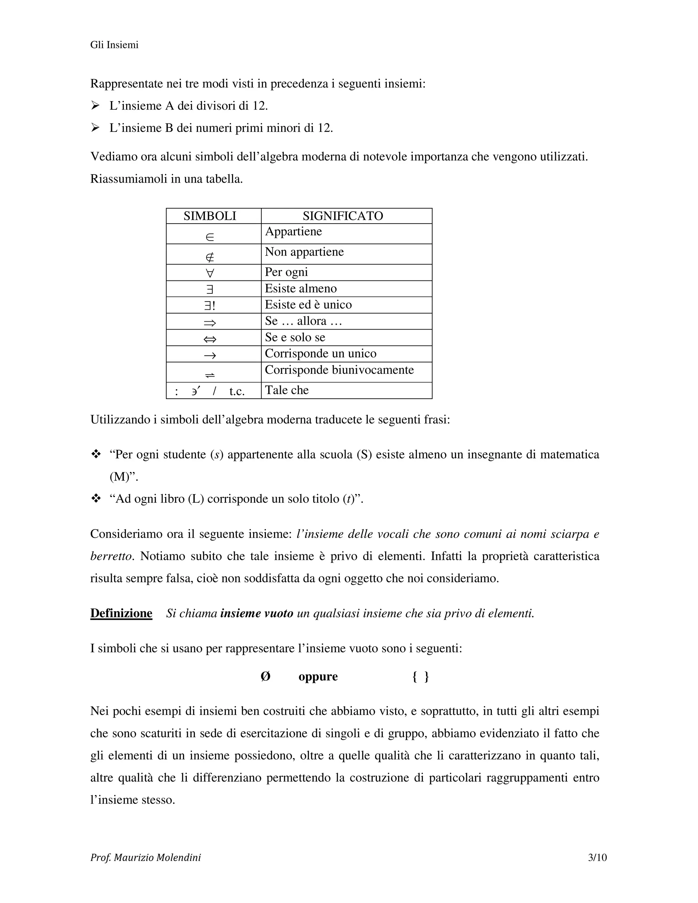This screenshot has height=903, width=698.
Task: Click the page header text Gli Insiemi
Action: click(114, 45)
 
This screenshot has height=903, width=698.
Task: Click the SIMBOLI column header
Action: click(210, 216)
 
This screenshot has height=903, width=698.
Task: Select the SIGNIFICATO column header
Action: click(343, 216)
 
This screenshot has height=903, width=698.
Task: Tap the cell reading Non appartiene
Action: click(304, 252)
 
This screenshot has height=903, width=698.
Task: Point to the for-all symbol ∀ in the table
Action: click(210, 273)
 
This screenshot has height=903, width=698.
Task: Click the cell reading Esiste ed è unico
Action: click(308, 305)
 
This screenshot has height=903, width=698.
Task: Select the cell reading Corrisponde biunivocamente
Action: click(339, 370)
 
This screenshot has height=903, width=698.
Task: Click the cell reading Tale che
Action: click(287, 390)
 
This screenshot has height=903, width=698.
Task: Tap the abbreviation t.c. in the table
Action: click(237, 391)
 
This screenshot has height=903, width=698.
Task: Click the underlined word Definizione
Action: click(121, 613)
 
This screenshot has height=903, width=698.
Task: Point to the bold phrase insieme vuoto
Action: click(256, 613)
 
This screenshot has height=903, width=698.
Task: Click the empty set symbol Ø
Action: click(265, 677)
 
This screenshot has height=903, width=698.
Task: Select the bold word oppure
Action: click(318, 677)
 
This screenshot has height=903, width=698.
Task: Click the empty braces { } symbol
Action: click(421, 677)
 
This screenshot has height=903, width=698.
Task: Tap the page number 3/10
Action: click(597, 858)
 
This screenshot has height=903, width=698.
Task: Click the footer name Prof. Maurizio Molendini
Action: click(146, 858)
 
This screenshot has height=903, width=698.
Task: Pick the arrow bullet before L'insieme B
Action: click(95, 128)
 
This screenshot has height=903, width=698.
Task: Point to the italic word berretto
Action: click(110, 556)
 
